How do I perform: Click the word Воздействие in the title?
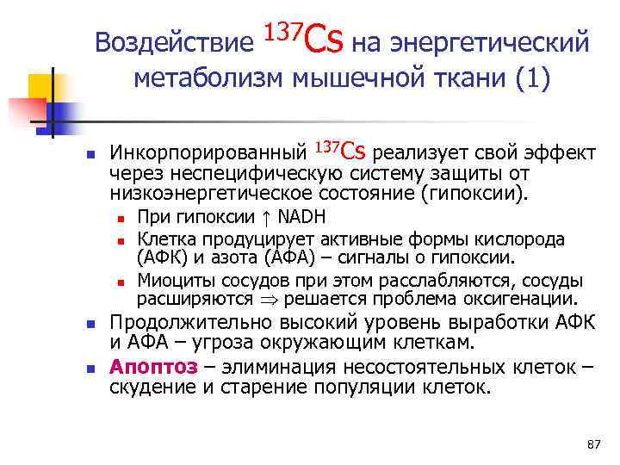pos(176,42)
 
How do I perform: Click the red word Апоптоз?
pos(153,365)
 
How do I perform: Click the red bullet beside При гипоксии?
pos(123,218)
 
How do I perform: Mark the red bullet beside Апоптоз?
pos(89,367)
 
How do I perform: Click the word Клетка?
pos(166,239)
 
